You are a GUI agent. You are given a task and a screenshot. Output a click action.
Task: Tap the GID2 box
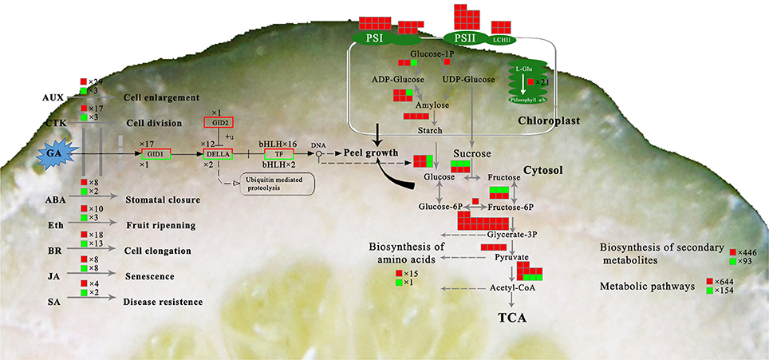(218, 122)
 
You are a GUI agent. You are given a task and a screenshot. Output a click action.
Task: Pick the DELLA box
(218, 153)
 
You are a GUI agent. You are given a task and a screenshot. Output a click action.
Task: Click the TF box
(278, 153)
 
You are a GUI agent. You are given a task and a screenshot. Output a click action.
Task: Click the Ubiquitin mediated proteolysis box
(278, 184)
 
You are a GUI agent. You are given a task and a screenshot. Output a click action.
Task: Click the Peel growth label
(371, 152)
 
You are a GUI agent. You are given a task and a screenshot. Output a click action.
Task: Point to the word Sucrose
(471, 152)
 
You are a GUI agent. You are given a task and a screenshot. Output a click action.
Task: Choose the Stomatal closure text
(162, 199)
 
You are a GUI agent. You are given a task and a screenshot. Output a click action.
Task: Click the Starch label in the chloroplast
(430, 130)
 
